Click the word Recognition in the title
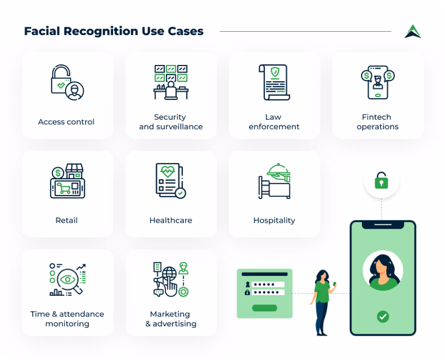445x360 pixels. pyautogui.click(x=101, y=32)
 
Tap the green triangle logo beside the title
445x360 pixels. pyautogui.click(x=413, y=31)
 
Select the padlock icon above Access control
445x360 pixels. pyautogui.click(x=67, y=82)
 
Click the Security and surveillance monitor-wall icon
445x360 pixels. pyautogui.click(x=171, y=82)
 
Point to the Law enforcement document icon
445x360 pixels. pyautogui.click(x=274, y=82)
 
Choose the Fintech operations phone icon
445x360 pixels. pyautogui.click(x=378, y=82)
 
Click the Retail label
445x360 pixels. pyautogui.click(x=66, y=220)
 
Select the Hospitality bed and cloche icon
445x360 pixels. pyautogui.click(x=274, y=181)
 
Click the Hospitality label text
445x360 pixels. pyautogui.click(x=274, y=220)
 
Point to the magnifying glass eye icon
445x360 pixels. pyautogui.click(x=67, y=280)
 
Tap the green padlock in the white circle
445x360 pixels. pyautogui.click(x=381, y=181)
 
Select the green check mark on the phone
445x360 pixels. pyautogui.click(x=383, y=317)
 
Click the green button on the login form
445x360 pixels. pyautogui.click(x=265, y=308)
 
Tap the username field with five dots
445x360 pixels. pyautogui.click(x=268, y=284)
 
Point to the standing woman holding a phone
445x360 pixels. pyautogui.click(x=323, y=303)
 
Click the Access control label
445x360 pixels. pyautogui.click(x=66, y=122)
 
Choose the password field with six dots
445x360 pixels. pyautogui.click(x=268, y=292)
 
